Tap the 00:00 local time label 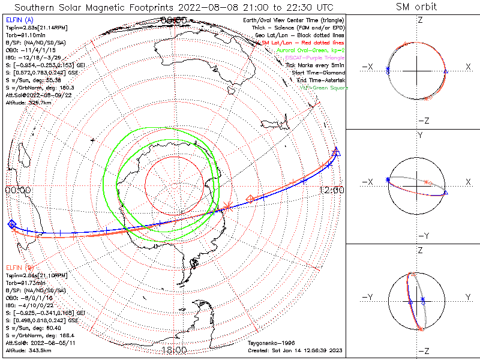[x=18, y=190]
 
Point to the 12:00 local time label [x=332, y=190]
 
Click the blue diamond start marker [x=11, y=224]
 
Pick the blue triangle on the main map [x=337, y=152]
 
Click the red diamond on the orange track [x=251, y=199]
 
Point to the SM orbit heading [x=416, y=7]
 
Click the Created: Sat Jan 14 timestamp [x=294, y=350]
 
